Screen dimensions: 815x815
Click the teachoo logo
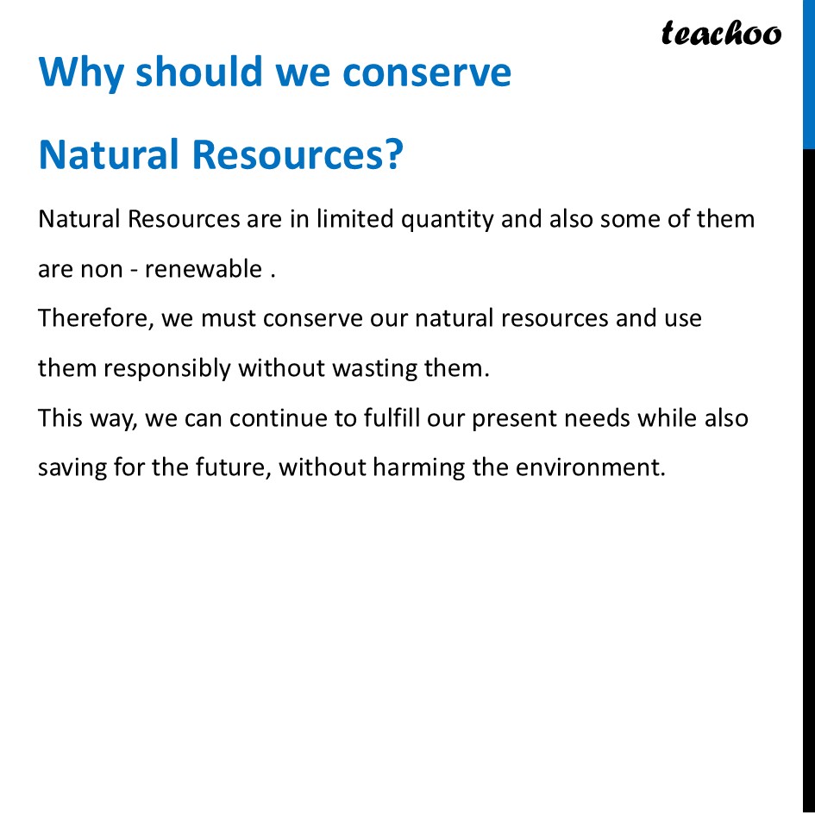click(721, 34)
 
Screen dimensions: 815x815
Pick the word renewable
click(203, 269)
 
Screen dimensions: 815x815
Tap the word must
click(229, 319)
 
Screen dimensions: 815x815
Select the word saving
click(72, 468)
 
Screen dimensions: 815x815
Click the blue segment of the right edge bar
click(809, 73)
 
